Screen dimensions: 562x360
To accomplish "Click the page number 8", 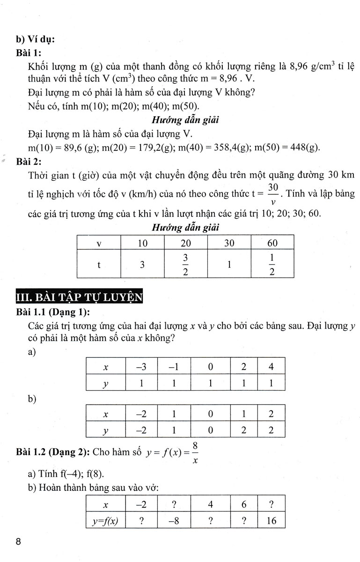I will (x=18, y=542).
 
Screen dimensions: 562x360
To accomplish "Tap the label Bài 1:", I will (x=29, y=52).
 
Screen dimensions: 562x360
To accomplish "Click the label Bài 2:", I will (x=29, y=162).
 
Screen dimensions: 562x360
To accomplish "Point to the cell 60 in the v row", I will (x=272, y=243).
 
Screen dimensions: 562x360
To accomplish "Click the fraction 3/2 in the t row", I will (x=185, y=265).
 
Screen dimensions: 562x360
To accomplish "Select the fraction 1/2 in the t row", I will (x=272, y=265).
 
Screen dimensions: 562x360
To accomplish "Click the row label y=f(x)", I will (x=106, y=520).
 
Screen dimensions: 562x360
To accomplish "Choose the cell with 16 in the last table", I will (x=271, y=520).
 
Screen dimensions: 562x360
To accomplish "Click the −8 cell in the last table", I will (x=174, y=520).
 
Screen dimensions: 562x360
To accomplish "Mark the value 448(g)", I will (x=302, y=148).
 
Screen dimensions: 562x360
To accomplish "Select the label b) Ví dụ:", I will (x=35, y=39).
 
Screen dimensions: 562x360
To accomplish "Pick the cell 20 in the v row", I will (x=185, y=243).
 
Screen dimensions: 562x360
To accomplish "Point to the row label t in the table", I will (x=99, y=265).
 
